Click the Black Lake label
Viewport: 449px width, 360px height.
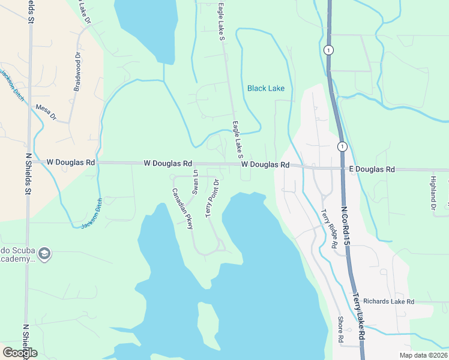[x=266, y=88]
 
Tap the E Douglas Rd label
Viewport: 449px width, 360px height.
[x=372, y=170]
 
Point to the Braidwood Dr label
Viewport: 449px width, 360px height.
[x=77, y=71]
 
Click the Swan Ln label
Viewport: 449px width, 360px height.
[x=195, y=181]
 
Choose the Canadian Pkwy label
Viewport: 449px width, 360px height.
[x=182, y=209]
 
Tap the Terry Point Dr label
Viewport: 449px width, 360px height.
[x=212, y=197]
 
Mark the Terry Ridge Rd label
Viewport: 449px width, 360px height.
[x=328, y=228]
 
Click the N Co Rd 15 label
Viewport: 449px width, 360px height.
[x=347, y=227]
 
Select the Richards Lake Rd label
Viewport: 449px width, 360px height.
[x=389, y=301]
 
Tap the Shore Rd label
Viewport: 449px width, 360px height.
[x=340, y=330]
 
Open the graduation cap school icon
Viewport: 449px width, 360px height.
[x=44, y=254]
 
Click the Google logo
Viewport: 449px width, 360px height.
[x=20, y=353]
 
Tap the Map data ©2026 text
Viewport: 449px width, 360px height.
[x=423, y=355]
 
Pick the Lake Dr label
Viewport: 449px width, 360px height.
[x=83, y=12]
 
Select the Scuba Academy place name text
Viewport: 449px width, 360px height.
[x=18, y=254]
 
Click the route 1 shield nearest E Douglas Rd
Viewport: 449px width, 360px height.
[x=342, y=146]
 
